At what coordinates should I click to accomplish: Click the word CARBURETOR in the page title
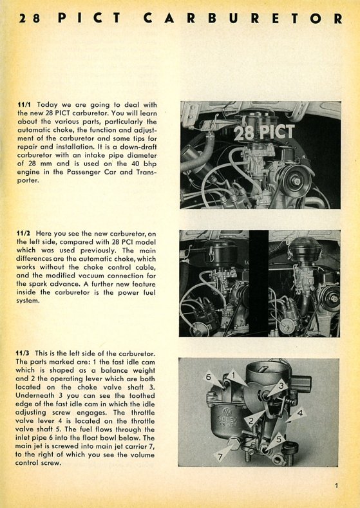click(243, 18)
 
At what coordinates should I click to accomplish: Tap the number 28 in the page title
click(30, 18)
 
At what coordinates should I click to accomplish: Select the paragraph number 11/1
click(24, 105)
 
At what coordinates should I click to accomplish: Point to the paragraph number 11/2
click(24, 233)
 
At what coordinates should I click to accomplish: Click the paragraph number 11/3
click(23, 353)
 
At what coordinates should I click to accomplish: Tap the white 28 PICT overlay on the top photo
click(264, 132)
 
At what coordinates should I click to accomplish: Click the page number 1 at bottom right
click(336, 485)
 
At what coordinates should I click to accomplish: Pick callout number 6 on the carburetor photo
click(209, 377)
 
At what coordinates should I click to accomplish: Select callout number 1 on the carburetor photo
click(231, 376)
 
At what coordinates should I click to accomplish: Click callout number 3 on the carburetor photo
click(281, 386)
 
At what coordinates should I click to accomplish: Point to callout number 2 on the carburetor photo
click(250, 421)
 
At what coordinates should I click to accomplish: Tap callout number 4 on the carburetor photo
click(300, 413)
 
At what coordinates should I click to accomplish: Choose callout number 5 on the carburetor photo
click(279, 440)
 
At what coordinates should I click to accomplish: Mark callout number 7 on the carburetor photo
click(220, 456)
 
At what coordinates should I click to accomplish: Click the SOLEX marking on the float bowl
click(228, 419)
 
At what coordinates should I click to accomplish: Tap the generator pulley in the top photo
click(296, 180)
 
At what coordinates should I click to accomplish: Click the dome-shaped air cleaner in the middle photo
click(305, 248)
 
